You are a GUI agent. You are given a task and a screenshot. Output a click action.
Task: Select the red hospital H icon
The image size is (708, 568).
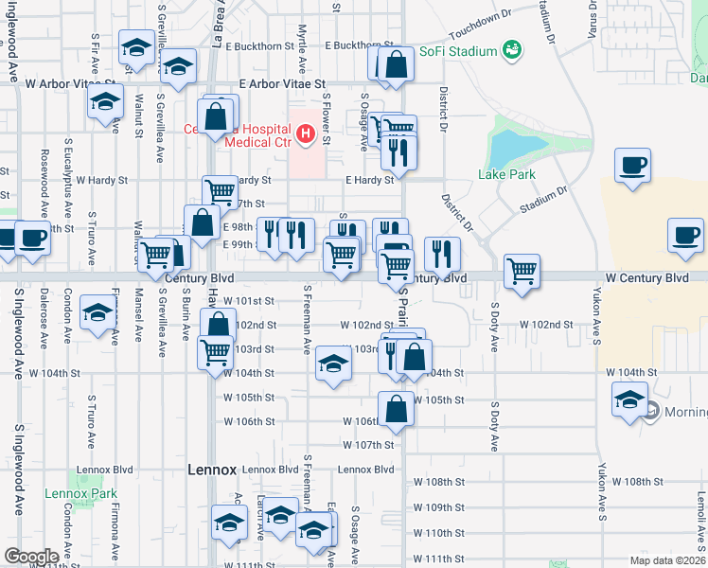click(305, 135)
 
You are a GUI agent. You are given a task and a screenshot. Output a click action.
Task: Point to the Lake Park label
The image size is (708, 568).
click(506, 174)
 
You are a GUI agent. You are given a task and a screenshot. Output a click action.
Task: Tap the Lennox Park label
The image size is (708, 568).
click(80, 493)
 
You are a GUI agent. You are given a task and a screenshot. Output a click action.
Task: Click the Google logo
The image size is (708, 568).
click(32, 557)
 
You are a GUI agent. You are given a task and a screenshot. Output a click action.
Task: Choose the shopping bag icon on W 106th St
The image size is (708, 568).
click(397, 408)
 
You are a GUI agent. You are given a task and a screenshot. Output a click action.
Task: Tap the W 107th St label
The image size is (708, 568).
click(367, 445)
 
